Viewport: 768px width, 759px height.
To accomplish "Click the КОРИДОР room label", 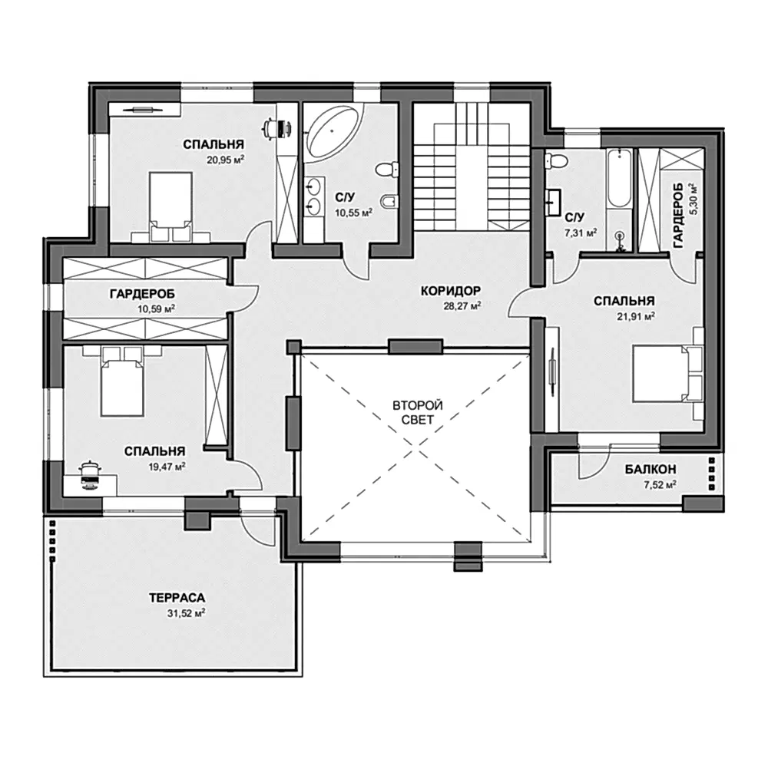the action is (x=451, y=291).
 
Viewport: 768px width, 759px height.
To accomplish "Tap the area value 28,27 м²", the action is (x=460, y=306).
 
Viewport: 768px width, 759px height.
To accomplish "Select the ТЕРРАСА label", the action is (x=177, y=598).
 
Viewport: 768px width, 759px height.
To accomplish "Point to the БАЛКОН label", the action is (x=650, y=470).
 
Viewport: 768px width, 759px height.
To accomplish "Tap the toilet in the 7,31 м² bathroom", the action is (x=556, y=160).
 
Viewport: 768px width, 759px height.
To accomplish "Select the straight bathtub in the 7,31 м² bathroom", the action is (x=619, y=179).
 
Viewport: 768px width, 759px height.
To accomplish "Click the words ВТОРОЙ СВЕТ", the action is (x=418, y=413).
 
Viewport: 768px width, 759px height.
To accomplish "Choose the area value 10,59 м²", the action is (x=157, y=309).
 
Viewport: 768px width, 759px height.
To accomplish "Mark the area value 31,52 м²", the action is (x=186, y=613).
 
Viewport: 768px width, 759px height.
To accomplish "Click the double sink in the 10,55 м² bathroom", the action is (x=314, y=196).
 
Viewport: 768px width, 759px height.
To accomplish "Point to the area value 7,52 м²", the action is (x=660, y=484).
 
